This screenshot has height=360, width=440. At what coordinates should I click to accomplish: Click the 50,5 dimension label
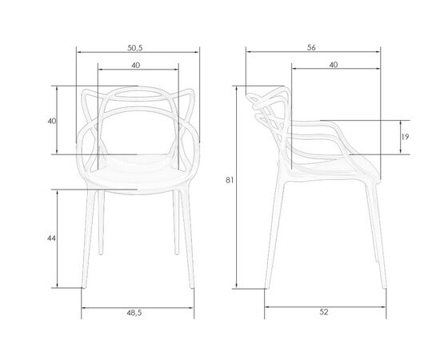coord(135,48)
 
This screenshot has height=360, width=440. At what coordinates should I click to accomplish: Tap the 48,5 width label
coord(134,313)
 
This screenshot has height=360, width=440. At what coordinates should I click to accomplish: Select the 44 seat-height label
coord(51,238)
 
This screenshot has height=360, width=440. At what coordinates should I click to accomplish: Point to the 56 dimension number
coord(311,48)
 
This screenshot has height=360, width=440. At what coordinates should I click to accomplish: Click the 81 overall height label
coord(230,180)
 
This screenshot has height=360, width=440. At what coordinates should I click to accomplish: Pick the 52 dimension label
coord(324,312)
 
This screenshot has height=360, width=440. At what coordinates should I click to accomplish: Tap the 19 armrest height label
coord(405,137)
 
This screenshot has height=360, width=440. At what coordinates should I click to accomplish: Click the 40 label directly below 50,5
coord(136,65)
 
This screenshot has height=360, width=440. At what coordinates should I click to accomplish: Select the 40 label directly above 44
coord(52,122)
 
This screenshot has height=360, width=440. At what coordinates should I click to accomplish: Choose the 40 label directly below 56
coord(334,65)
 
